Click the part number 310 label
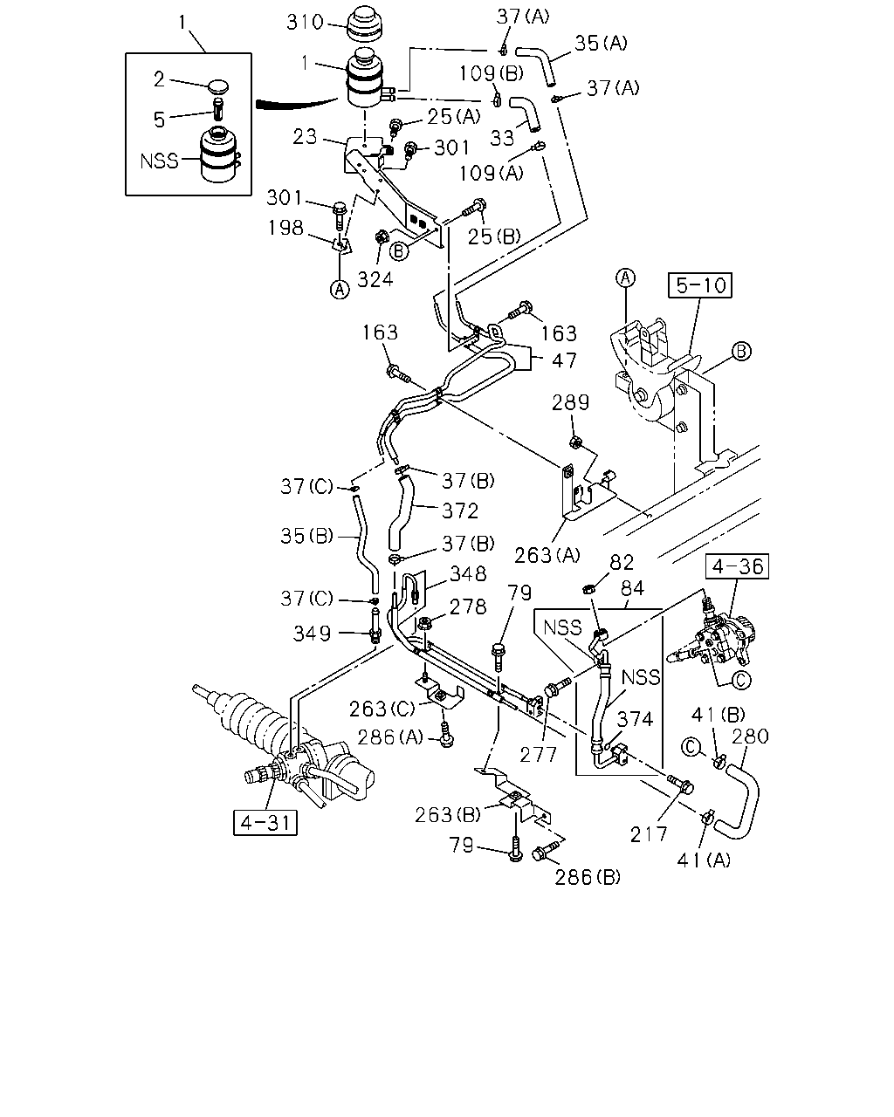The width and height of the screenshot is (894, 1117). click(305, 23)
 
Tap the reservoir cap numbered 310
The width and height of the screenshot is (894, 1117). click(364, 24)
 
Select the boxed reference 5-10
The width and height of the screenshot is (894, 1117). click(699, 285)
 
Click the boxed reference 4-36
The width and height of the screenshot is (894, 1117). click(737, 566)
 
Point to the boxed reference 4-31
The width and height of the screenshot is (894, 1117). click(265, 823)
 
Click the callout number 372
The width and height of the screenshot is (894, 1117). click(460, 511)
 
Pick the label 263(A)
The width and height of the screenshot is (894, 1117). click(547, 556)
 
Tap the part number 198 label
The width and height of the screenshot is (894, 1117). click(285, 228)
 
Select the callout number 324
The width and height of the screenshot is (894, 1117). click(375, 280)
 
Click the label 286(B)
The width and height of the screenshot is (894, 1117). click(588, 878)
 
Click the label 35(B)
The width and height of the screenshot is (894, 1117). click(307, 536)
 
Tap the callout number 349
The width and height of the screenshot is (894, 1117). click(312, 634)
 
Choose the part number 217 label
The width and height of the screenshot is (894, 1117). click(649, 834)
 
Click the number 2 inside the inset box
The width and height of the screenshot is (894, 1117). click(159, 79)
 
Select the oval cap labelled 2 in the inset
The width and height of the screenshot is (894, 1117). click(217, 86)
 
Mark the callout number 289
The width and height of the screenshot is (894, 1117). click(570, 403)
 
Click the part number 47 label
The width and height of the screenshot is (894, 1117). click(564, 360)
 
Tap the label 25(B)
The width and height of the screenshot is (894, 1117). click(494, 236)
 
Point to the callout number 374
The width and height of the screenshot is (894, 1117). click(635, 719)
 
